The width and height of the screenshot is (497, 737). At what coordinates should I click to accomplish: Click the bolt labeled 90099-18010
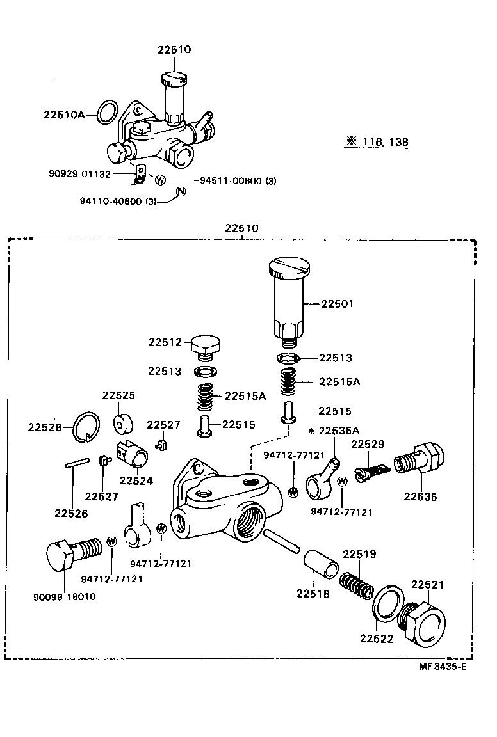[70, 553]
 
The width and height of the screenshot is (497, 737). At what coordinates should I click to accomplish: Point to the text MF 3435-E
[443, 666]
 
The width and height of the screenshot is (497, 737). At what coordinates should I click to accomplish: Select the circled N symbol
[181, 191]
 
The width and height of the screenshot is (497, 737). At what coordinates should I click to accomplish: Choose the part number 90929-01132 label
[79, 174]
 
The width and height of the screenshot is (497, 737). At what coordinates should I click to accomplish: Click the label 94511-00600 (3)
[229, 181]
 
